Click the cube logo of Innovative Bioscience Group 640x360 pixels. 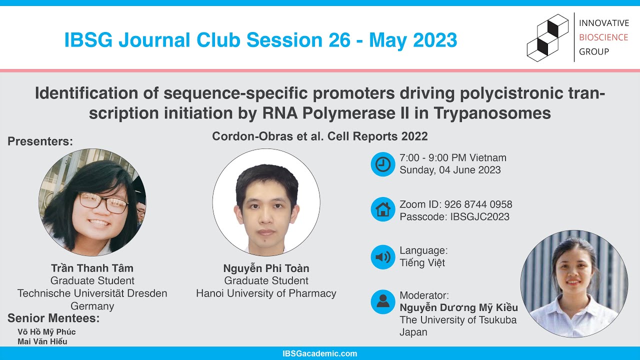pos(548,38)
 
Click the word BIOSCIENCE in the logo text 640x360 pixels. pos(603,37)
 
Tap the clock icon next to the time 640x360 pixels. pos(383,164)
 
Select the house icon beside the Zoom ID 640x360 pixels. pos(383,209)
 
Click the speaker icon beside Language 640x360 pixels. pos(383,257)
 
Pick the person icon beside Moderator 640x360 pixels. pos(383,301)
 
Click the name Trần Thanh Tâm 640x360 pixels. pos(92,268)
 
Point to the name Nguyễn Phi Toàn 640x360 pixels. pos(266,268)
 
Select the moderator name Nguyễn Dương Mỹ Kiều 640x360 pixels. pos(458,307)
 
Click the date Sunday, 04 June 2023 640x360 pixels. pos(450,170)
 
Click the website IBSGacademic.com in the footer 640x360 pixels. pos(320,353)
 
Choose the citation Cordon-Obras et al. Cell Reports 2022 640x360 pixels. pos(320,136)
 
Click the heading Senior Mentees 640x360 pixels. pos(53,318)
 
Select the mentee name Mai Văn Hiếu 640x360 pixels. pos(42,341)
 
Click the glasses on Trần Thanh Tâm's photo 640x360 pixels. pos(103,202)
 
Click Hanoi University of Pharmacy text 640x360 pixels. pos(266,293)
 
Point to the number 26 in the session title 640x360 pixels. pos(340,40)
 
